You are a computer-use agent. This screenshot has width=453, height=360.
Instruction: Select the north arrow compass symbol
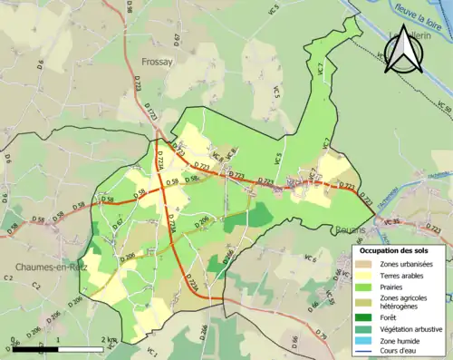[x=403, y=53]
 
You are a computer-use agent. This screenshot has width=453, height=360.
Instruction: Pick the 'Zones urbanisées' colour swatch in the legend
[x=365, y=265]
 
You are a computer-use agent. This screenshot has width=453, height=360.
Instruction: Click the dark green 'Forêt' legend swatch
[x=365, y=317]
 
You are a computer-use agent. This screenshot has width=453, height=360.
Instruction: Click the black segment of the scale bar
[x=36, y=348]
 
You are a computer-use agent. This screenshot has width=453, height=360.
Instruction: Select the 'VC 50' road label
[x=443, y=106]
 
